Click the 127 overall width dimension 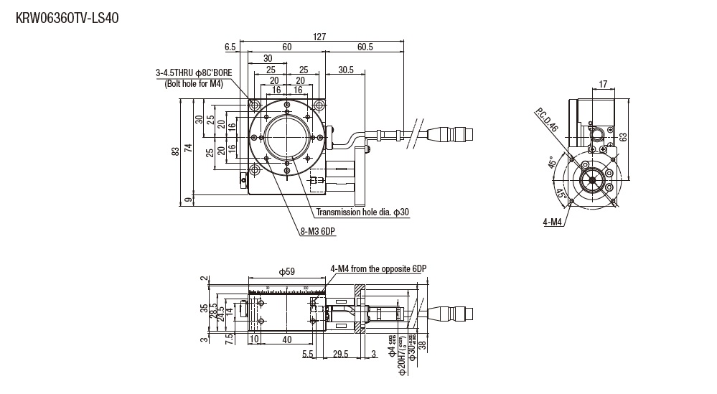(320, 37)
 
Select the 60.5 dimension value (365, 47)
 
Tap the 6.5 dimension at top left (230, 47)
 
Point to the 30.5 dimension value (345, 70)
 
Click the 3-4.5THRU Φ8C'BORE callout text (193, 72)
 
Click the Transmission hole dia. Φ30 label (362, 212)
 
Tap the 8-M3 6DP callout (318, 231)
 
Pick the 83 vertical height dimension (175, 151)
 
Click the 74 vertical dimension (188, 147)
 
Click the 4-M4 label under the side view (553, 222)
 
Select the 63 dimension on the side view (624, 136)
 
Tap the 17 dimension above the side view (603, 85)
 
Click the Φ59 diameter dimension (286, 271)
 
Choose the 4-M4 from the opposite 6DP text (378, 268)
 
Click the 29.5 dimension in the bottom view (341, 354)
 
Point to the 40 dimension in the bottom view (287, 339)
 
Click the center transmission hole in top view (287, 139)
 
